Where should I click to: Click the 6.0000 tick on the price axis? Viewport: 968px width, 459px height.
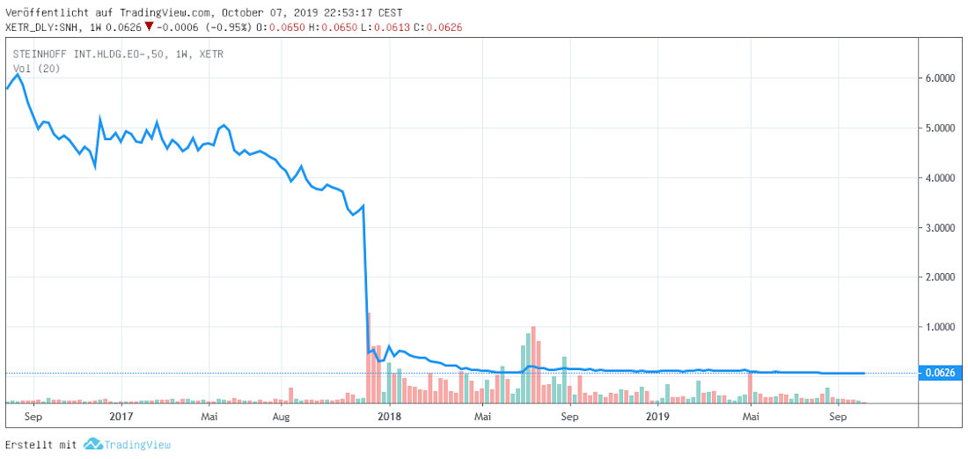pyautogui.click(x=941, y=78)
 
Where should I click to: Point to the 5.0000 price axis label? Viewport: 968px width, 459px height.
pyautogui.click(x=941, y=128)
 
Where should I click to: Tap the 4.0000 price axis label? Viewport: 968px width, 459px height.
pyautogui.click(x=941, y=178)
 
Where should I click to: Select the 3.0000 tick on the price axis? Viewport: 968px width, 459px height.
pyautogui.click(x=941, y=227)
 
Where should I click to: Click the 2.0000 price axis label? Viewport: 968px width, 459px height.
pyautogui.click(x=941, y=277)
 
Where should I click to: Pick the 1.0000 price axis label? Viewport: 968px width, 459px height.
pyautogui.click(x=941, y=327)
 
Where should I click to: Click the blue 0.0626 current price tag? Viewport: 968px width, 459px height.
pyautogui.click(x=941, y=374)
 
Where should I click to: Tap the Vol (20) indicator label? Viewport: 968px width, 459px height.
pyautogui.click(x=36, y=69)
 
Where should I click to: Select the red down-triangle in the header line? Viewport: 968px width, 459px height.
pyautogui.click(x=150, y=27)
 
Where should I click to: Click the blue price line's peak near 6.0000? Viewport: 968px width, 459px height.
pyautogui.click(x=18, y=75)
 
